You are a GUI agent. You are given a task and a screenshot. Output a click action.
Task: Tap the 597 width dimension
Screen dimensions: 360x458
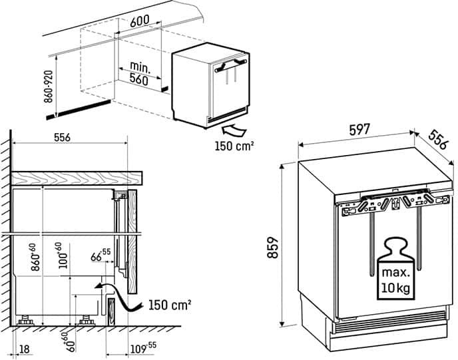click(x=359, y=131)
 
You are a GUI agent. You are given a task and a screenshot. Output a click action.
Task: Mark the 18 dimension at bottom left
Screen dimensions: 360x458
click(x=25, y=348)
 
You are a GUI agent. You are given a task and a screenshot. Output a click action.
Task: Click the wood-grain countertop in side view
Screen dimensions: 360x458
click(x=77, y=177)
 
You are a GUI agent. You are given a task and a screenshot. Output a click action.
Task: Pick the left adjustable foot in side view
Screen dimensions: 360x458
click(x=29, y=320)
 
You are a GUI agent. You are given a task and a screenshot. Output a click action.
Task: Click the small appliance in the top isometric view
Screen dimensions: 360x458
click(x=211, y=85)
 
